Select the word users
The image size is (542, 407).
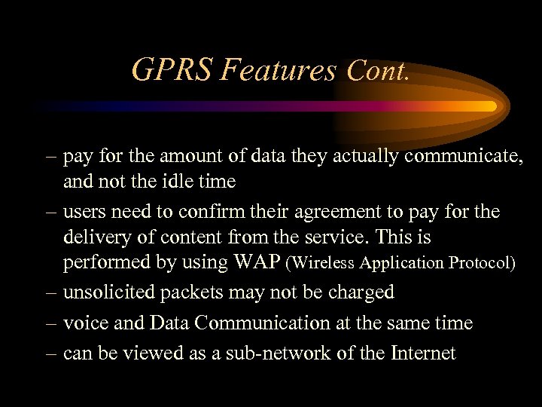(x=87, y=213)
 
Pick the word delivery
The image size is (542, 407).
(x=95, y=237)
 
